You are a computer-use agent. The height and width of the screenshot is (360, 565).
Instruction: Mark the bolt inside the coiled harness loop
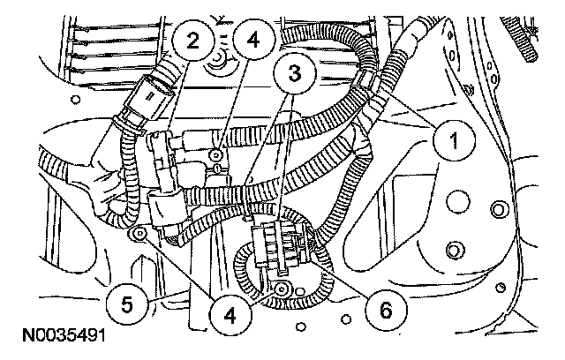pos(281,289)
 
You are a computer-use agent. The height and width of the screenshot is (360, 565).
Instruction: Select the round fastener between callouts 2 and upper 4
pos(215,62)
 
